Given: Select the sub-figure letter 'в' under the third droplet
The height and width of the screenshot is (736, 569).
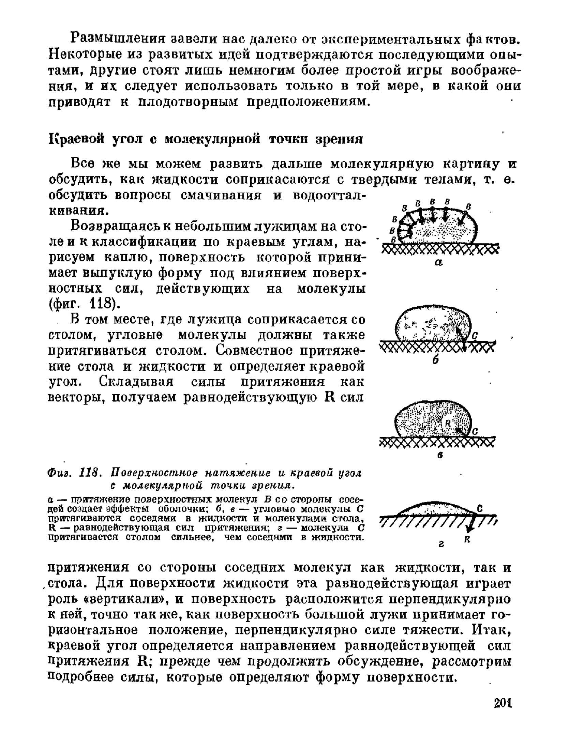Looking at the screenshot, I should click(440, 456).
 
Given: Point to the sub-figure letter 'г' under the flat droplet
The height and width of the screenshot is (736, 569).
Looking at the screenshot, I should click(441, 545).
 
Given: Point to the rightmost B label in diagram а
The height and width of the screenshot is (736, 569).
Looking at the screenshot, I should click(468, 206).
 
